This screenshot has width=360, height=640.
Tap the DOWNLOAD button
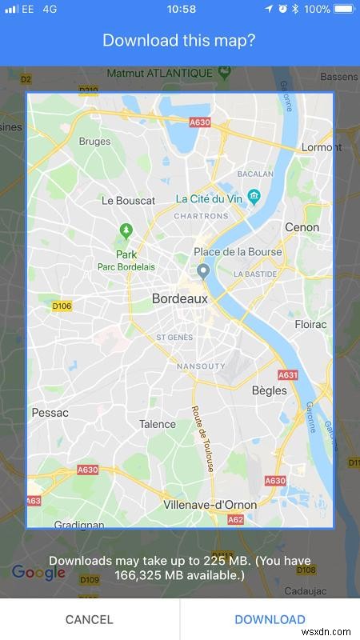[x=270, y=619]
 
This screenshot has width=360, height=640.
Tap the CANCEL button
[x=90, y=619]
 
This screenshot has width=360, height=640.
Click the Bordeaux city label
[x=179, y=298]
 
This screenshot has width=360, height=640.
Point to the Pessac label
[x=50, y=413]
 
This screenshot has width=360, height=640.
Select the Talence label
[x=158, y=424]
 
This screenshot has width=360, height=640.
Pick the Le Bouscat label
[x=129, y=201]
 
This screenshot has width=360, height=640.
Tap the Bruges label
[x=95, y=141]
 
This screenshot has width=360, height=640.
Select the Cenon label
[x=302, y=227]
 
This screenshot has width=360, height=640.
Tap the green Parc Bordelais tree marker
[x=126, y=231]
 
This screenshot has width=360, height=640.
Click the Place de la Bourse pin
[x=204, y=270]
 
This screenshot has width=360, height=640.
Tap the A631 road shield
[x=288, y=374]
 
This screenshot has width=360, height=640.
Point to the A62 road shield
[x=235, y=520]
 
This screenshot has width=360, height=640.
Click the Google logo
[x=38, y=573]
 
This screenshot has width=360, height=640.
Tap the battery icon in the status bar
[x=342, y=9]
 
